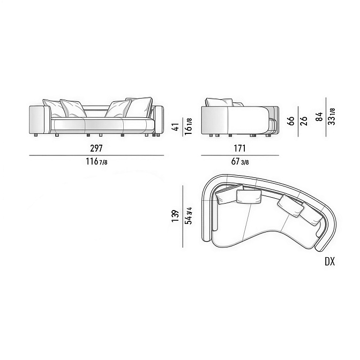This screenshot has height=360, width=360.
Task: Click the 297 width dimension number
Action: (x=96, y=148)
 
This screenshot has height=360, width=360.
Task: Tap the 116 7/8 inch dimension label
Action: (x=96, y=162)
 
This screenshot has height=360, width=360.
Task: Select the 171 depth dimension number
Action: (x=239, y=148)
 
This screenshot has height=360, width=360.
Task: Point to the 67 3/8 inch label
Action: (x=240, y=162)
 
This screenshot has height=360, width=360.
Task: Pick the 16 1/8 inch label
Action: (x=188, y=126)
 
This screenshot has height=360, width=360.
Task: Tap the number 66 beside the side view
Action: (x=291, y=121)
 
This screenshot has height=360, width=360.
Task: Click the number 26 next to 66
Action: (x=304, y=121)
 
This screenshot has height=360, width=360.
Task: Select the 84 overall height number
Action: (x=319, y=117)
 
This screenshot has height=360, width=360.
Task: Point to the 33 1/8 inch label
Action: (x=332, y=116)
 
